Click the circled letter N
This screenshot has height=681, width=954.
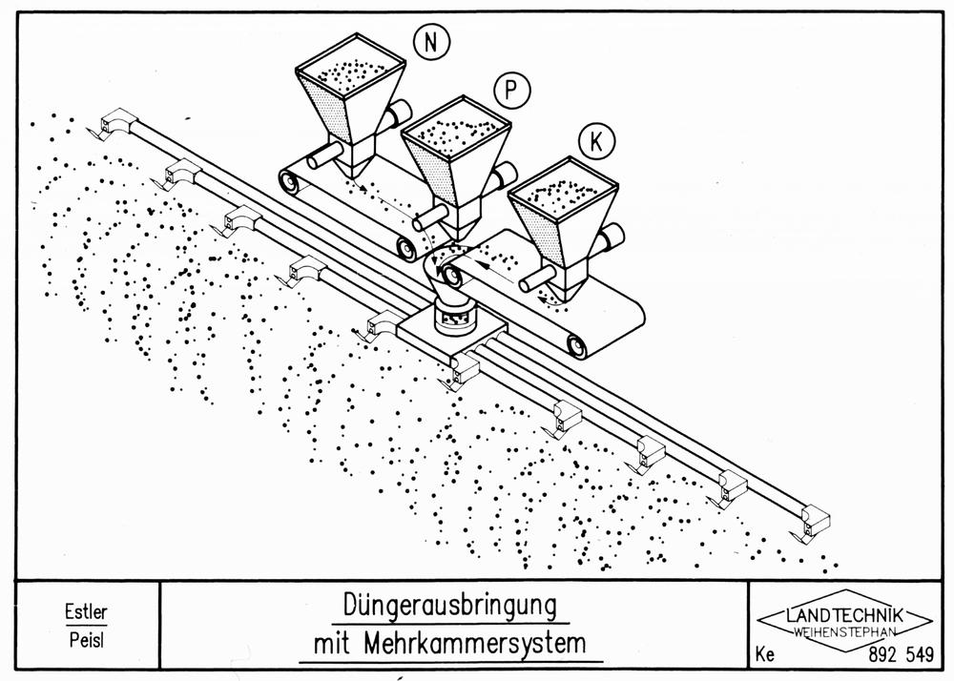pos(431,42)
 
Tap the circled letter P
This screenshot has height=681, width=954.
pos(511,90)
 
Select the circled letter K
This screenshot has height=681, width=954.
pos(596,140)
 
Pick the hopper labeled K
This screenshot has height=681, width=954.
pos(564,226)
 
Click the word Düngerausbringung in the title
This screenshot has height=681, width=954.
pos(449,606)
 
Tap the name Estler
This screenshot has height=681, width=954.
pos(86,611)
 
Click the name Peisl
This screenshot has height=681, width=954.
pos(87,640)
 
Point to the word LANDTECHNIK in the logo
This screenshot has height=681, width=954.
pos(845,615)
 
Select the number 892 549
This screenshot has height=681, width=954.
pos(902,654)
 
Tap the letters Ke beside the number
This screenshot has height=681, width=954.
pos(765,655)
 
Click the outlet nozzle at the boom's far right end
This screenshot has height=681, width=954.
pos(812,522)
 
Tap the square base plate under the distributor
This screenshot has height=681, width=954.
pos(452,338)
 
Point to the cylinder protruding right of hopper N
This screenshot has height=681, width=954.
pos(398,113)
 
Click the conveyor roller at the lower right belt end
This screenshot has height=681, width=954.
pos(574,344)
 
